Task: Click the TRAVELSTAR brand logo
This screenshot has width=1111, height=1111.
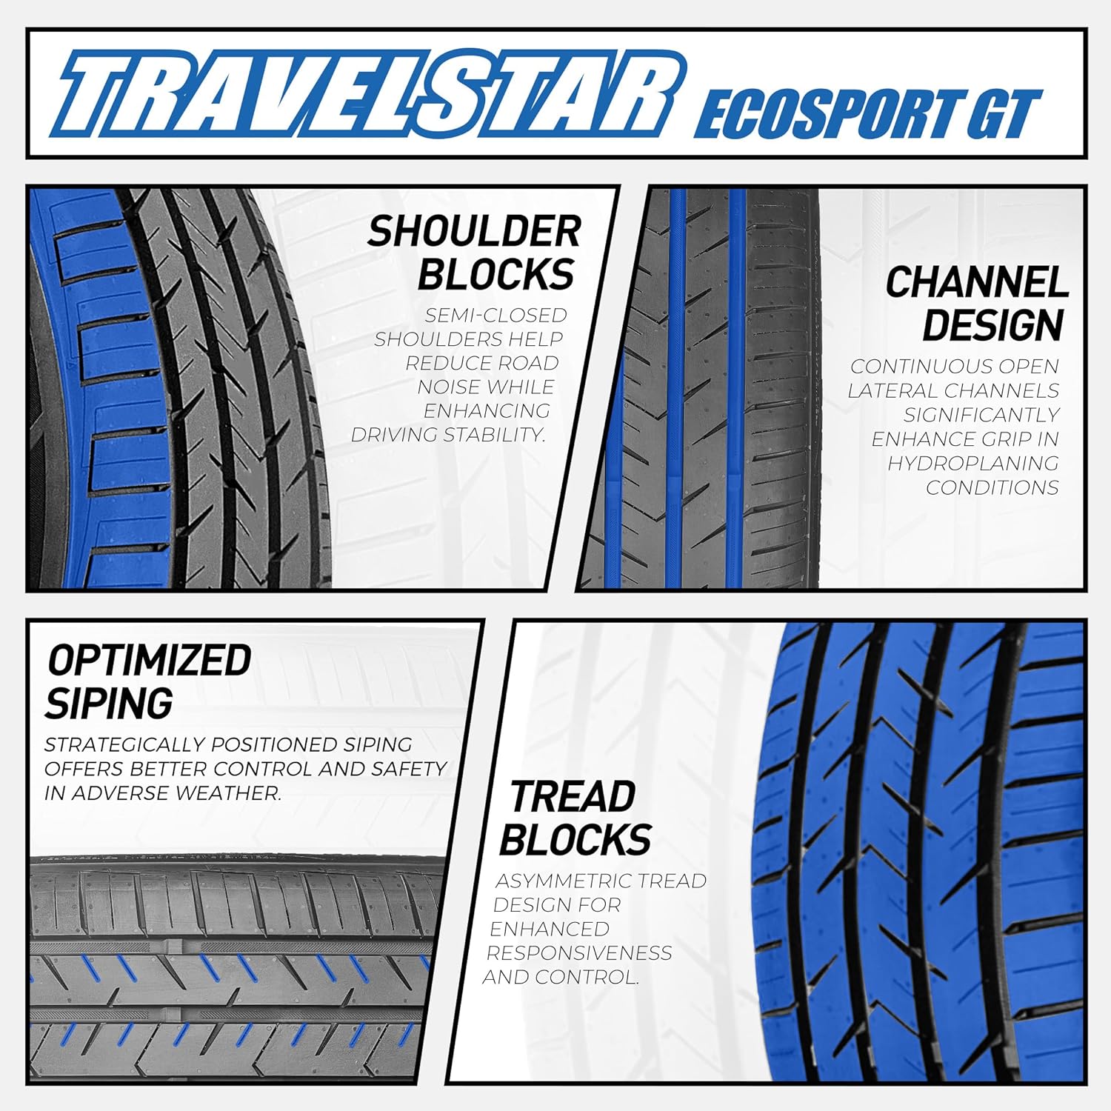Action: (x=370, y=94)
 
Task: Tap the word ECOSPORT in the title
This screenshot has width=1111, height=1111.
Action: (x=830, y=114)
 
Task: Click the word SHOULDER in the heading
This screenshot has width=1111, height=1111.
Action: (x=474, y=231)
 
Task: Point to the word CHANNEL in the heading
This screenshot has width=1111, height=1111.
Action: (x=977, y=282)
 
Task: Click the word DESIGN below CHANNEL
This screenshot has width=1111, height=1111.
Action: (x=992, y=325)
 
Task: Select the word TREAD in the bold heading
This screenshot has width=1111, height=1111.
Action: (x=572, y=797)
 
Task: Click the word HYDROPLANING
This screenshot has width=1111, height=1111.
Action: (x=973, y=464)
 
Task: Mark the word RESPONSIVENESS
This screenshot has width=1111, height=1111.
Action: (x=579, y=953)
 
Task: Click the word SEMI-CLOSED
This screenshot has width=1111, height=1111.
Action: (x=496, y=316)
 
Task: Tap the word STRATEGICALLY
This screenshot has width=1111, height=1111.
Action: (x=121, y=745)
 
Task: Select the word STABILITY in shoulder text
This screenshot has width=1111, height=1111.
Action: (x=497, y=435)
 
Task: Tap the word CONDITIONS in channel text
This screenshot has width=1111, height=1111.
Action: (x=992, y=487)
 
